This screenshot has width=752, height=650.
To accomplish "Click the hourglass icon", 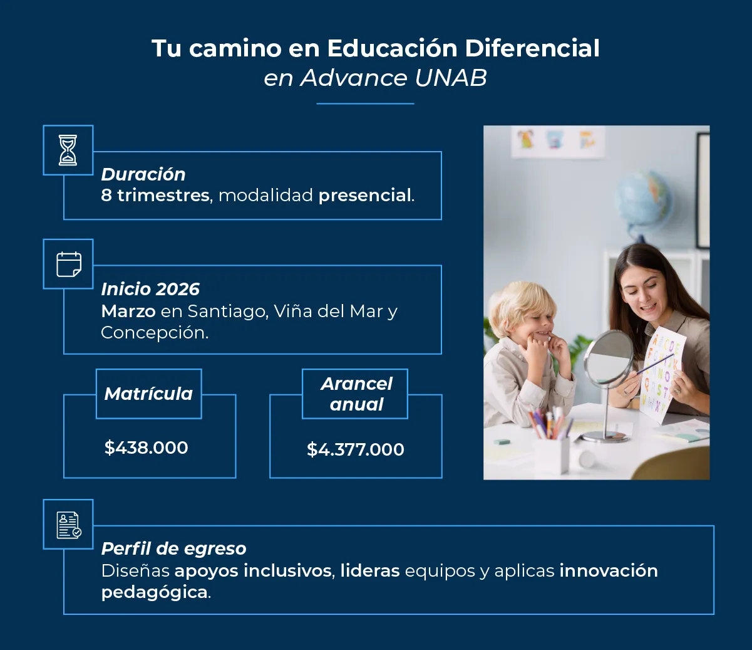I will tap(68, 150).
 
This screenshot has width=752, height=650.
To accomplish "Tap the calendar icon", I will tap(68, 264).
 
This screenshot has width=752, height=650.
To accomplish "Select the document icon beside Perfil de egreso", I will tap(68, 525).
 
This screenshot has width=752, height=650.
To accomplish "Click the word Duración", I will tap(143, 174).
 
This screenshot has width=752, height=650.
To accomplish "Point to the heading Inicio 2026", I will tap(150, 289).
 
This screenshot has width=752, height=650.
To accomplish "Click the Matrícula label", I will tap(148, 394).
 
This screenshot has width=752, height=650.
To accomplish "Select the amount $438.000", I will tap(147, 448).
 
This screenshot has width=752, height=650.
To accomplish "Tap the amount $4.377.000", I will tap(356, 449).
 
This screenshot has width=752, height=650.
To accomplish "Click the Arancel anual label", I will tap(356, 394).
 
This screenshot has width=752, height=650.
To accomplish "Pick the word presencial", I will tap(365, 196).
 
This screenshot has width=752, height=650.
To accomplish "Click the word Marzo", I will tap(128, 311).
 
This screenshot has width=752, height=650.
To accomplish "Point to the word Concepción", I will tap(153, 332).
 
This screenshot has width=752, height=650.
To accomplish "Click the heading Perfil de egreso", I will tap(174, 548).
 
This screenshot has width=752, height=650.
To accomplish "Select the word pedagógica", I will tap(155, 592).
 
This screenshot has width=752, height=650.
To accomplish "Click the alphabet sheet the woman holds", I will tap(664, 373).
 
